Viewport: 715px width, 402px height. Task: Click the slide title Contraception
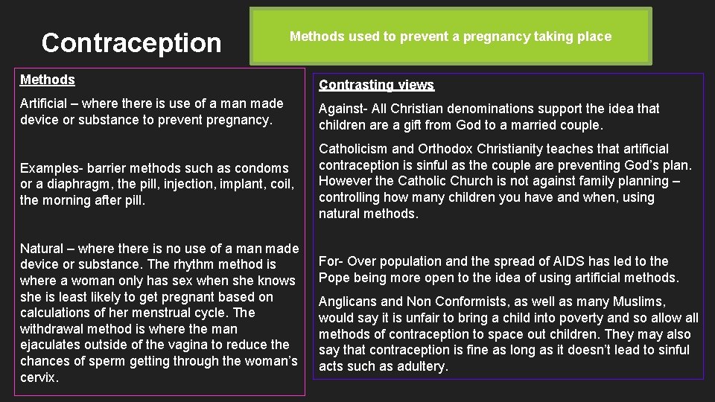pos(132,43)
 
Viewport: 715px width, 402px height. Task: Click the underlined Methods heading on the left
pos(48,80)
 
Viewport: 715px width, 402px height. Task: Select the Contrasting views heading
pos(376,86)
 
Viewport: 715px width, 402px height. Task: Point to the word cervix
pos(38,377)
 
